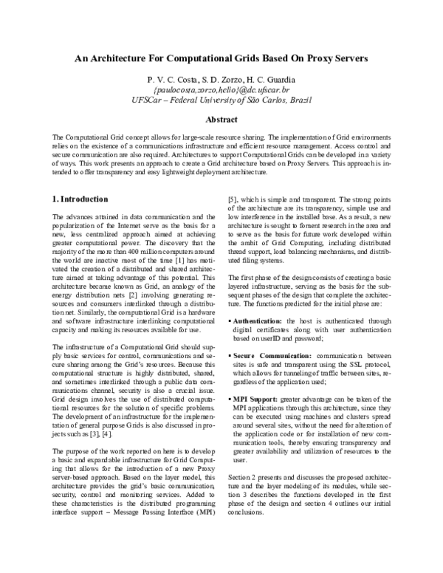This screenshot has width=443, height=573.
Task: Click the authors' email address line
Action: (x=221, y=89)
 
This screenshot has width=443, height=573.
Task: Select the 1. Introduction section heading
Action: (x=81, y=199)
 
